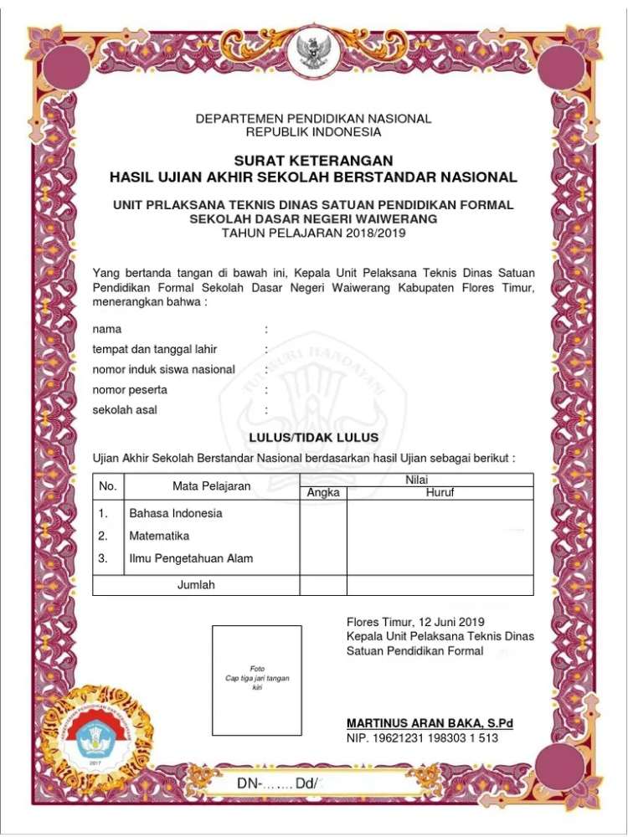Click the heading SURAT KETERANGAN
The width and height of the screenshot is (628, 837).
313,161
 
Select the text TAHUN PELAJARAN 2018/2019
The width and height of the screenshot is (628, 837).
313,234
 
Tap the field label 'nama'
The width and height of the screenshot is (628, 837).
106,330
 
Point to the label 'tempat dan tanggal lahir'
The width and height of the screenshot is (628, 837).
155,350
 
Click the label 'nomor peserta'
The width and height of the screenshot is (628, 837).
130,390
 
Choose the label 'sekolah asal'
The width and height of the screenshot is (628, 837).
125,410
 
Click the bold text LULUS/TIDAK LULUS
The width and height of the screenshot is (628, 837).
313,438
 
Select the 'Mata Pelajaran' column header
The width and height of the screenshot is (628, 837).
212,486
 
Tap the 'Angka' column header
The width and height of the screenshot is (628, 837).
323,493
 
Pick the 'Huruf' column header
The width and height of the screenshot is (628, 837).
440,493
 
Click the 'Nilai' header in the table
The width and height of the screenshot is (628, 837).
416,480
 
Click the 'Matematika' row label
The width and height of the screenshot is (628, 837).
159,536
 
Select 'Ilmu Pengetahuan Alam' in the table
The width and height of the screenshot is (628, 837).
191,558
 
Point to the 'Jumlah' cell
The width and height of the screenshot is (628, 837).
196,585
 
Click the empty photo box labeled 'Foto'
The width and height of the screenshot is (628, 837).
256,680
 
